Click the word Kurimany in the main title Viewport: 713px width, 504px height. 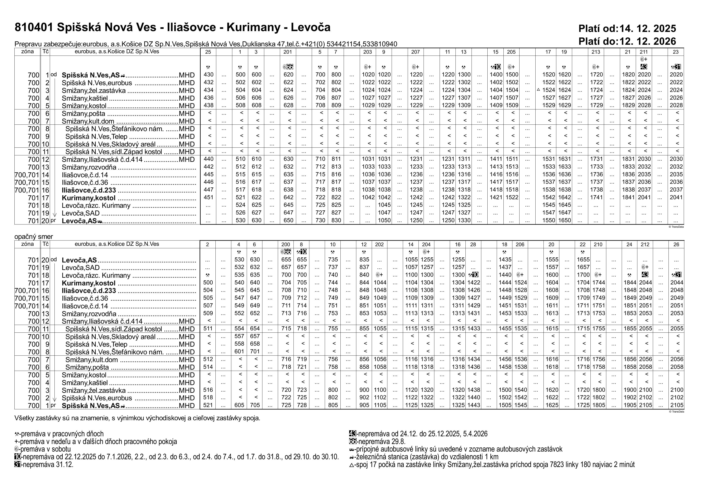pyautogui.click(x=253, y=28)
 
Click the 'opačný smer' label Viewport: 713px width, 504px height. pyautogui.click(x=34, y=237)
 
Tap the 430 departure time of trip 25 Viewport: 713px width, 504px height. pyautogui.click(x=208, y=75)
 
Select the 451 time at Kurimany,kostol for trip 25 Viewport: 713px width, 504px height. pyautogui.click(x=208, y=197)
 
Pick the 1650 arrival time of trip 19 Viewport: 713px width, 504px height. pyautogui.click(x=564, y=220)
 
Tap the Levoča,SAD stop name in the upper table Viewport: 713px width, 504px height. pyautogui.click(x=80, y=213)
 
